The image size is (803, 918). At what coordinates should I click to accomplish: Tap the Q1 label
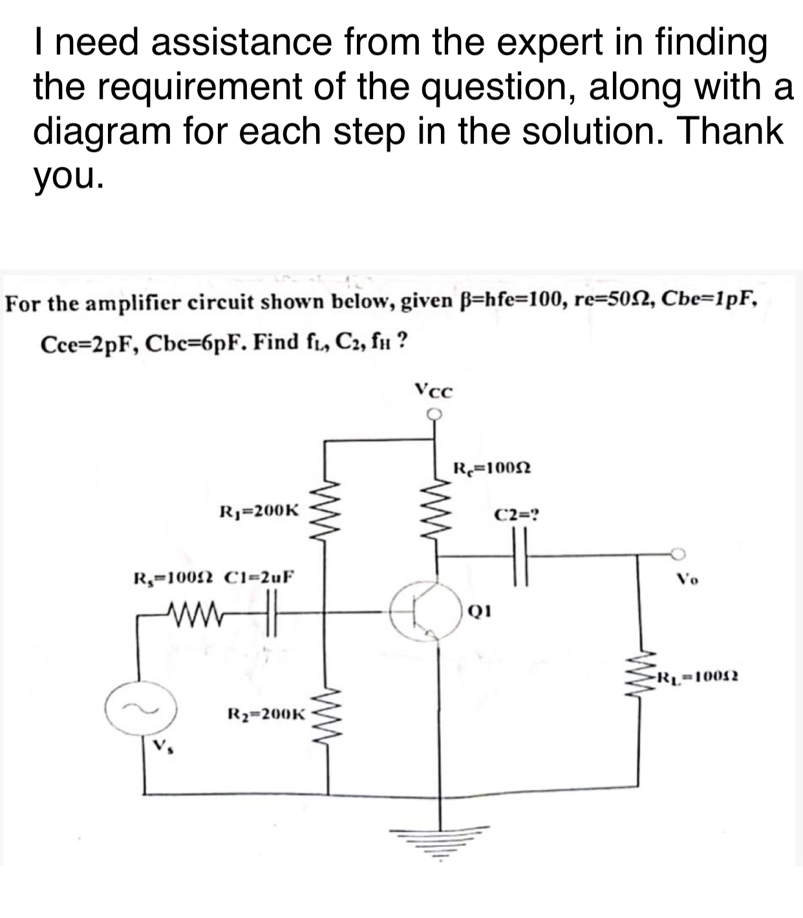point(475,610)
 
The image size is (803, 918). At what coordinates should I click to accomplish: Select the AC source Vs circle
point(141,709)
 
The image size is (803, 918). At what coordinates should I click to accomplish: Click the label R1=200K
point(259,510)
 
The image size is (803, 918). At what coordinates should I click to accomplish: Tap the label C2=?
point(517,516)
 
